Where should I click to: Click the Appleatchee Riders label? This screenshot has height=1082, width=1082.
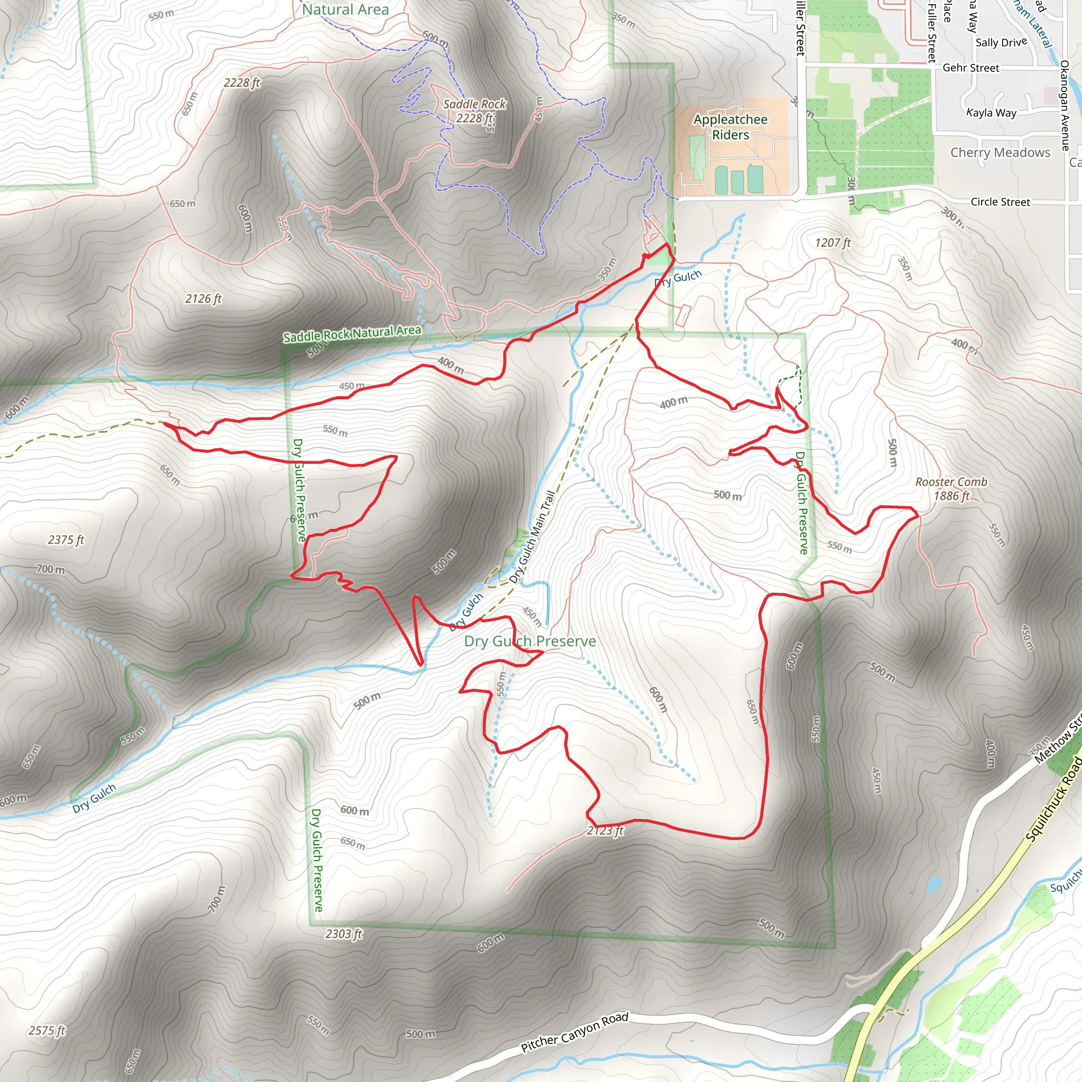(x=730, y=127)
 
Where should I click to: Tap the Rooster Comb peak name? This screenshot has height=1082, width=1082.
(x=951, y=482)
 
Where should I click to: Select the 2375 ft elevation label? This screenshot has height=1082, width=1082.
(x=66, y=540)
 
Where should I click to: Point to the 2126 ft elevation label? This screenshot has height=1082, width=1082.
(x=204, y=299)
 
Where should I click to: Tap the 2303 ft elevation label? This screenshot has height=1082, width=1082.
(x=344, y=934)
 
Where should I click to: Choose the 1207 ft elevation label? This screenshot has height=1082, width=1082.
(x=833, y=242)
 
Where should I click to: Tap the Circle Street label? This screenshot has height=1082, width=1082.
(x=1000, y=202)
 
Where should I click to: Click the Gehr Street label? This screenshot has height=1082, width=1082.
(x=971, y=68)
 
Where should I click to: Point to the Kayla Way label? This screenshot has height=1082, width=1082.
(x=991, y=113)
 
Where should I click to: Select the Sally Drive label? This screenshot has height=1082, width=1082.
(x=1001, y=42)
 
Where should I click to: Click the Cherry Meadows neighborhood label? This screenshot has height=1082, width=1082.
(x=1000, y=152)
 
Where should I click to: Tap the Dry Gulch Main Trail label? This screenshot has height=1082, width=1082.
(x=533, y=537)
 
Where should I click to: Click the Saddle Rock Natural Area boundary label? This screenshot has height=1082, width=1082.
(x=352, y=334)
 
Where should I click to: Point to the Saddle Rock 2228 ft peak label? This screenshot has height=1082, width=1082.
(x=474, y=111)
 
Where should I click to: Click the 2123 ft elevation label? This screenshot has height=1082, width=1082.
(x=605, y=831)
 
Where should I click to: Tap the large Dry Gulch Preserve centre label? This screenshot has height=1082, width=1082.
(x=530, y=641)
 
